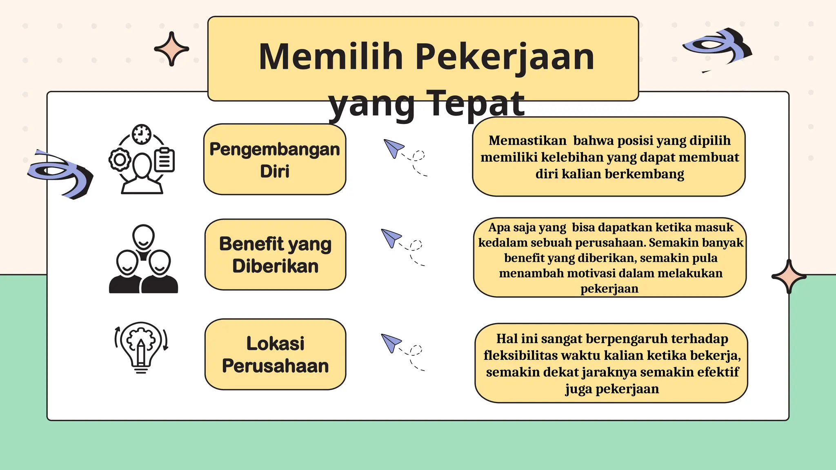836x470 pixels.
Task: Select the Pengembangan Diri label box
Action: [x=275, y=160]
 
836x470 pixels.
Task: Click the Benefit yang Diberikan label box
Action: [x=275, y=255]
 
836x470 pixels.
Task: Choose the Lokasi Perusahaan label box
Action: [x=275, y=354]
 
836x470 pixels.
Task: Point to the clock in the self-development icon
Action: [x=142, y=134]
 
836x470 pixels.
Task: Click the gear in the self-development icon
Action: [x=120, y=160]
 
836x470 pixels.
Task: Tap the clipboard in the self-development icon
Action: [x=165, y=160]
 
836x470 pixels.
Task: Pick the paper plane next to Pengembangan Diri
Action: [x=393, y=148]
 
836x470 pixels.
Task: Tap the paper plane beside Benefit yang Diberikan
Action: [x=391, y=237]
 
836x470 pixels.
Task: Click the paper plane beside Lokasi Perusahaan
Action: [x=391, y=342]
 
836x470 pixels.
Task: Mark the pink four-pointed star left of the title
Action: [x=171, y=49]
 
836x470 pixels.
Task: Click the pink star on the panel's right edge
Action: [x=789, y=277]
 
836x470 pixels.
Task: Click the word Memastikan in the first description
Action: [x=527, y=141]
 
